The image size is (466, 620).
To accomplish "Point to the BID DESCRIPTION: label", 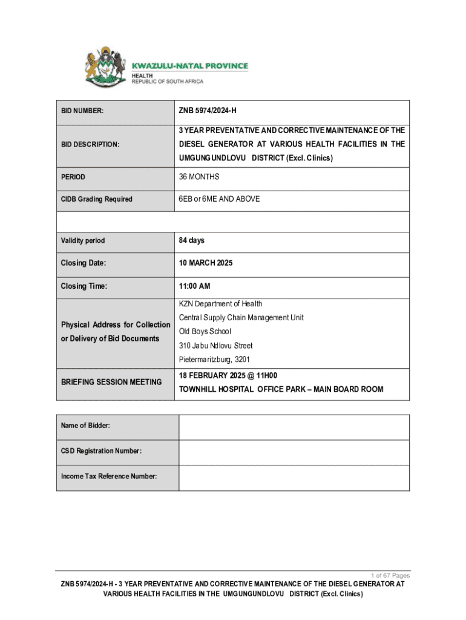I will (x=90, y=144).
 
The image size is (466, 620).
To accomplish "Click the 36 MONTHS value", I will (x=199, y=177).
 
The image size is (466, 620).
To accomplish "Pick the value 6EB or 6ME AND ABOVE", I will (x=219, y=199).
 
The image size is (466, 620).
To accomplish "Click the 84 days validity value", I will (x=191, y=240).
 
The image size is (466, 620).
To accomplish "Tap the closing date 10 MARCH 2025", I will (x=205, y=263).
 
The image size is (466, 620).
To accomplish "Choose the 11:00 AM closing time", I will (x=194, y=286).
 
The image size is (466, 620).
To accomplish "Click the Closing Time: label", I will (x=84, y=286).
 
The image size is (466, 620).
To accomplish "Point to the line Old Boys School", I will (x=205, y=332).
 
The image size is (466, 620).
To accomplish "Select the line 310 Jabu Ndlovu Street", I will (x=215, y=346).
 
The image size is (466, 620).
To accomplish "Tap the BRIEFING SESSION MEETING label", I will (x=111, y=382).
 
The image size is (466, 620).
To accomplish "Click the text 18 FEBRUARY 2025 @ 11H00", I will (x=228, y=375).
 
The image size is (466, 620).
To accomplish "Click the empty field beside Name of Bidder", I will (x=294, y=426).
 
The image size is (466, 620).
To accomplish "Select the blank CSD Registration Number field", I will (x=294, y=452).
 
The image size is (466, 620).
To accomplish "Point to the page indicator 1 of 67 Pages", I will (x=390, y=575).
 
